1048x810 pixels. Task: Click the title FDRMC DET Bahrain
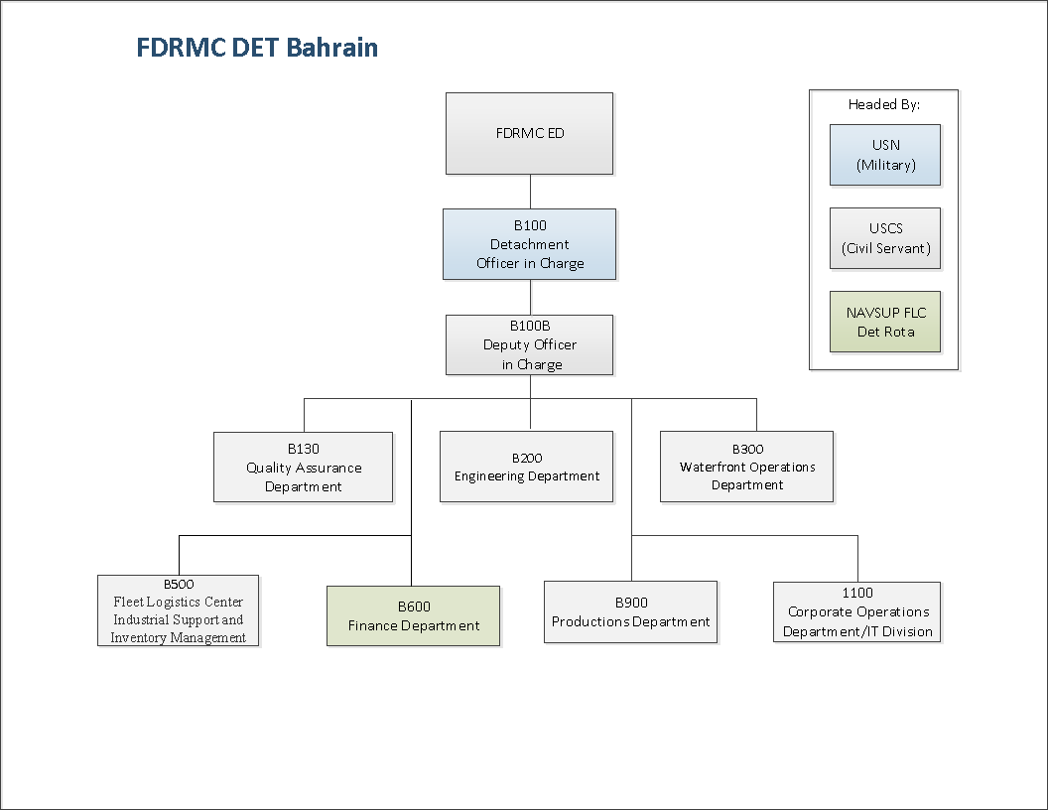257,48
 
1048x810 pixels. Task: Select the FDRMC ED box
529,134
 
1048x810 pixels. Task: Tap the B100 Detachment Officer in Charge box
529,244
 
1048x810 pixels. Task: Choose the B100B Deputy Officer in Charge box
529,344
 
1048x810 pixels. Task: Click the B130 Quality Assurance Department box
303,468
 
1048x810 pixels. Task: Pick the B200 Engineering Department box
526,467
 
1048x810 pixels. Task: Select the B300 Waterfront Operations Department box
746,467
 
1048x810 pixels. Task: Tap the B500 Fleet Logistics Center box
178,610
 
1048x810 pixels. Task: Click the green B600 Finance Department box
413,616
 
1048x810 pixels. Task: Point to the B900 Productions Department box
630,612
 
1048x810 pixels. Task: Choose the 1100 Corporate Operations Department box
856,612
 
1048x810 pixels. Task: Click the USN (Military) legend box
885,155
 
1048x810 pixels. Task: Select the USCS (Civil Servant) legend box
885,238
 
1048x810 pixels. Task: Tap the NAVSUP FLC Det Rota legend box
885,322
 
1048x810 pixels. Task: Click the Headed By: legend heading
883,104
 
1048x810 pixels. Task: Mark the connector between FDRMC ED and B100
531,192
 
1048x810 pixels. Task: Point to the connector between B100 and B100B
531,298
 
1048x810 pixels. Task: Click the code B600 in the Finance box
414,607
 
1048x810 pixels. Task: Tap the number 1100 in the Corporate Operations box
857,593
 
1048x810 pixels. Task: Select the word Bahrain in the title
332,48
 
